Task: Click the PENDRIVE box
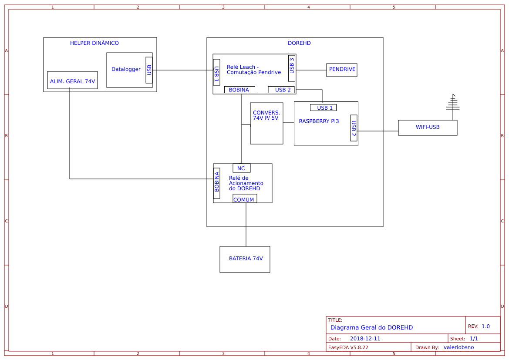(342, 70)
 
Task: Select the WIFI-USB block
(428, 128)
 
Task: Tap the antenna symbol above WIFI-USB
(453, 103)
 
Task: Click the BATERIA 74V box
(245, 259)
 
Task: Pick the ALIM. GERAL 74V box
(72, 81)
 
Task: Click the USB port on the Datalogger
(149, 70)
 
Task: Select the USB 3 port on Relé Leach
(292, 68)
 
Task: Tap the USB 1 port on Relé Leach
(216, 72)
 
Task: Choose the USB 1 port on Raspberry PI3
(323, 108)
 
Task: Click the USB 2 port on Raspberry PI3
(354, 128)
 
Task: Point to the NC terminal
(241, 168)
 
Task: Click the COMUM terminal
(244, 199)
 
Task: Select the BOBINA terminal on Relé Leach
(239, 90)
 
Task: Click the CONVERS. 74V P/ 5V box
(266, 123)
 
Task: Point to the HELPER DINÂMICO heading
(94, 43)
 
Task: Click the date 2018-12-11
(365, 339)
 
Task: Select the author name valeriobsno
(458, 347)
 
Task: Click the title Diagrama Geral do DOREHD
(371, 327)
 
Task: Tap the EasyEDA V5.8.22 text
(348, 347)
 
